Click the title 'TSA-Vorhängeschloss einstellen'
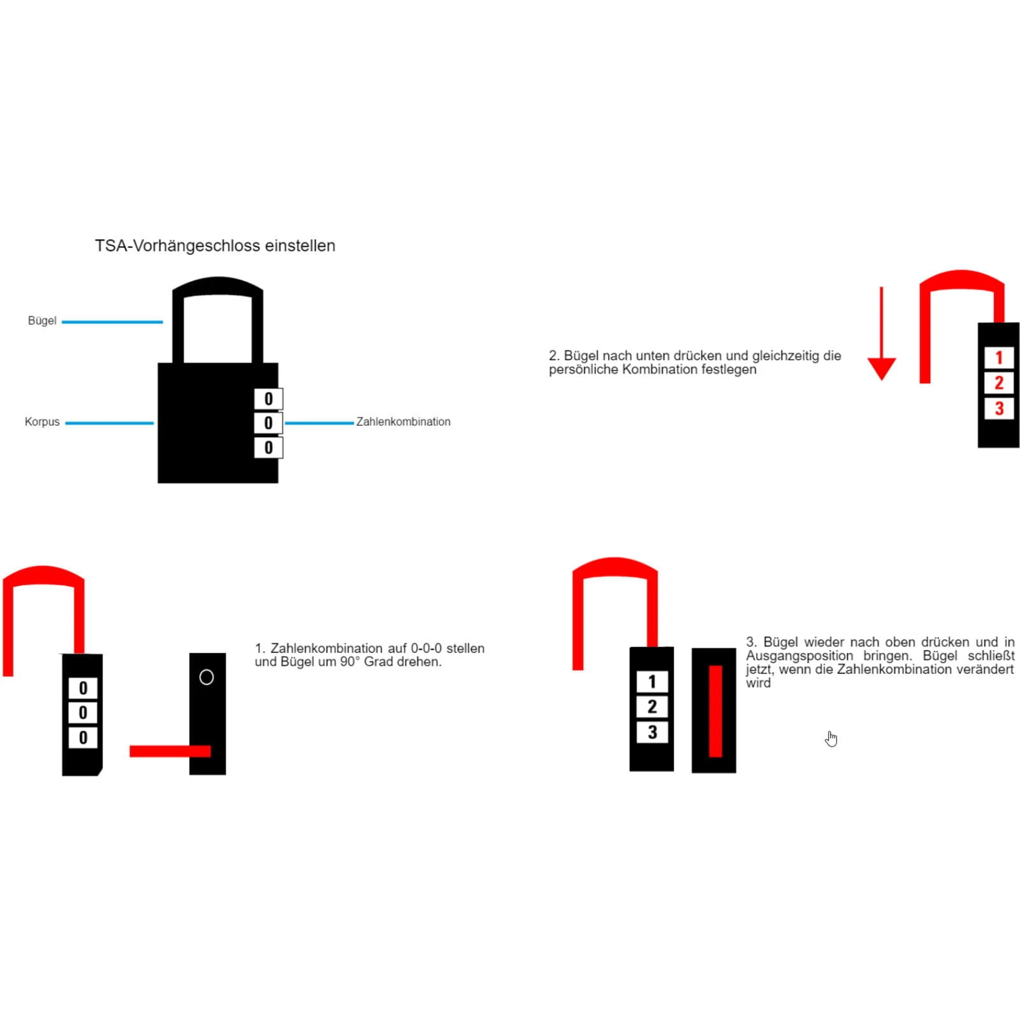(215, 246)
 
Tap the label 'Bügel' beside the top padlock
(42, 321)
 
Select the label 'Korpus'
(42, 422)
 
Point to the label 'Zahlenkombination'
(403, 422)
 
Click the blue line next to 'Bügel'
(112, 322)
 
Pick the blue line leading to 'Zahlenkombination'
(319, 423)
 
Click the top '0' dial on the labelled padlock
(268, 399)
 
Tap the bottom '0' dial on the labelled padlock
(268, 448)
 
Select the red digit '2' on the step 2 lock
(999, 383)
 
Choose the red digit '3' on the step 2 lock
(999, 409)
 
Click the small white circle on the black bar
(207, 677)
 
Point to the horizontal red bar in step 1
(170, 751)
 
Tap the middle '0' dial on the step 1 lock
(83, 713)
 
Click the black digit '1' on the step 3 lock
(652, 681)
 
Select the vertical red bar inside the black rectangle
(715, 711)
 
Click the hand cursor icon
(831, 739)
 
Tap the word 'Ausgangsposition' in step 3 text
(799, 656)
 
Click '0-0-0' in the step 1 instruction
(426, 648)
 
